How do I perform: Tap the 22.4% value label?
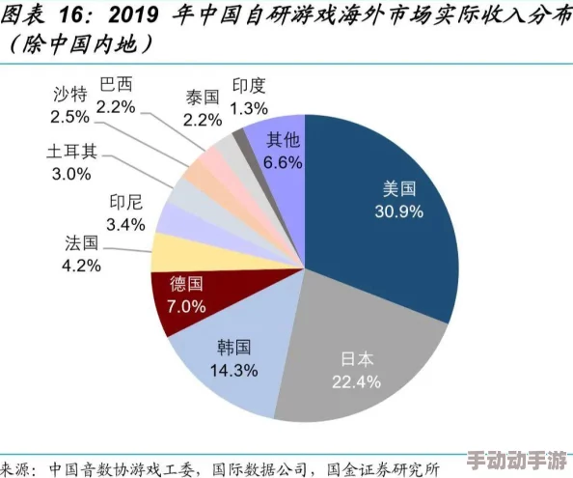tap(357, 381)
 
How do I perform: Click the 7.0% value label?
tap(187, 307)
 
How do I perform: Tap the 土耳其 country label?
tap(70, 153)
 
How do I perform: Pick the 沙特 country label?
tap(70, 95)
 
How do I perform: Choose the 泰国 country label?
tap(203, 97)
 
